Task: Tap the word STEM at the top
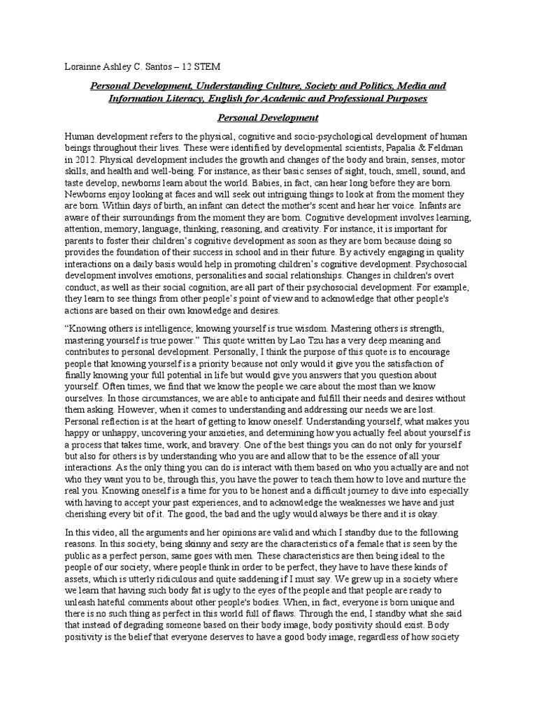pyautogui.click(x=207, y=66)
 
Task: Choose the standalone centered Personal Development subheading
pyautogui.click(x=268, y=118)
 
